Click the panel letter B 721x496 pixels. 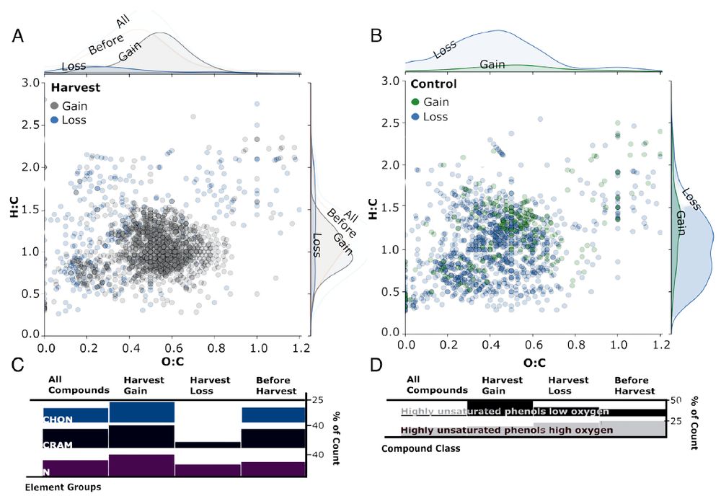pos(375,35)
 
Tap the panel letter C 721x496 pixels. pos(19,366)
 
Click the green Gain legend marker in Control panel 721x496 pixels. pos(414,102)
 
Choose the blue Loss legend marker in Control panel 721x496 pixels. pos(414,117)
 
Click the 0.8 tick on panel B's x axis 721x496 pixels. pos(575,346)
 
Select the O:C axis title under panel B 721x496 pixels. pos(534,363)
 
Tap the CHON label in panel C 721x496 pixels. pos(58,419)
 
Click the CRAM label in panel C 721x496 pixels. pos(58,445)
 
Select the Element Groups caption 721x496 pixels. pos(63,487)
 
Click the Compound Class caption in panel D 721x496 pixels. pos(420,448)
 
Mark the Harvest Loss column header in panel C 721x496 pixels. pos(209,385)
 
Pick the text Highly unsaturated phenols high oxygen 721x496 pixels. pos(506,430)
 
